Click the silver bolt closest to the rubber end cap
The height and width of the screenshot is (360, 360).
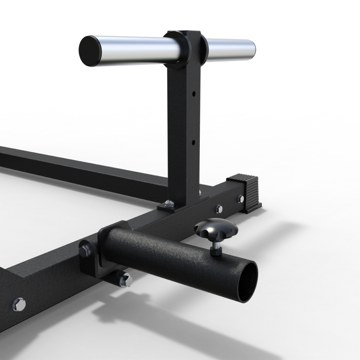pyautogui.click(x=239, y=198)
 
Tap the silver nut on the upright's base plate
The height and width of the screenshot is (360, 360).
pyautogui.click(x=168, y=203)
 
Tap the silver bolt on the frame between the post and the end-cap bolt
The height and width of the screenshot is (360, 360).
pyautogui.click(x=219, y=208)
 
